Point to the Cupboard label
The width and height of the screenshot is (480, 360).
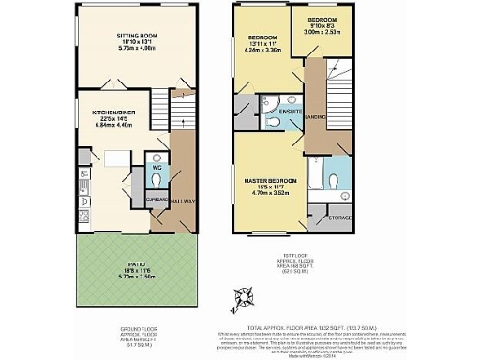tap(157, 200)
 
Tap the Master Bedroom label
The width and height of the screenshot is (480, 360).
tap(271, 179)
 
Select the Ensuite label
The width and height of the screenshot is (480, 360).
tap(290, 112)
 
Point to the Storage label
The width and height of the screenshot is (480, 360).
tap(340, 217)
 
